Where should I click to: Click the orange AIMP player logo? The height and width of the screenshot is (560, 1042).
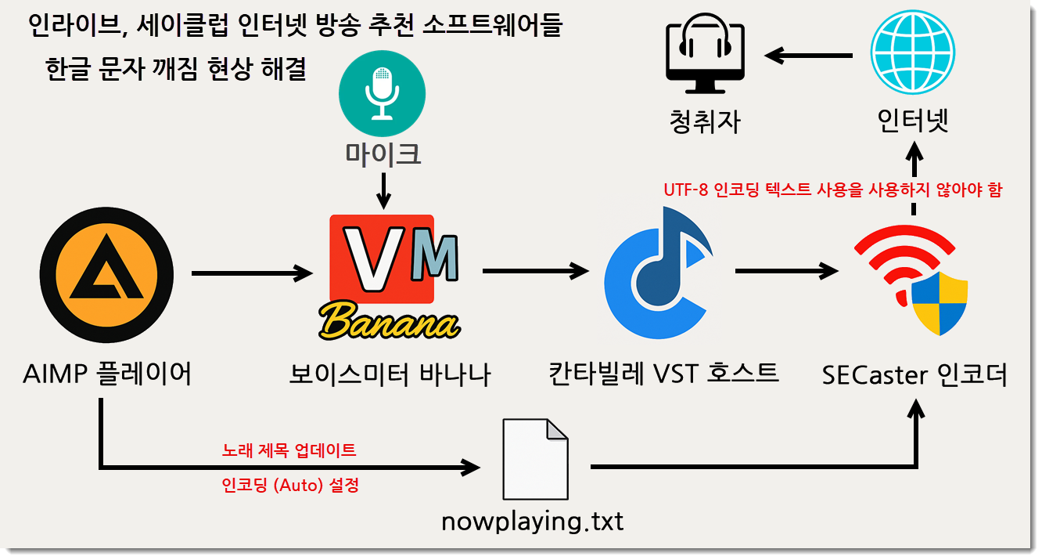tap(108, 273)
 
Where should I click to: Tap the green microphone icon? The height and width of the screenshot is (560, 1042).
tap(382, 93)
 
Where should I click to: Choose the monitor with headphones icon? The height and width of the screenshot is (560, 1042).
tap(705, 53)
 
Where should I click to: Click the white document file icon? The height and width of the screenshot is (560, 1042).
tap(534, 459)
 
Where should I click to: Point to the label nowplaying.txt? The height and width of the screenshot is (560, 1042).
tap(533, 522)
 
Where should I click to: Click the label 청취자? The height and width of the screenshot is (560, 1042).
tap(705, 121)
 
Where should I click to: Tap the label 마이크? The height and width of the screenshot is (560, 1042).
tap(383, 154)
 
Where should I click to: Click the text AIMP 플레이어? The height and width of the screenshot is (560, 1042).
tap(107, 374)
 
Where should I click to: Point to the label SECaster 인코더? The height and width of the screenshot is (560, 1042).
tap(914, 375)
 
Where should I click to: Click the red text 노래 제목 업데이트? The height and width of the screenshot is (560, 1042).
tap(289, 450)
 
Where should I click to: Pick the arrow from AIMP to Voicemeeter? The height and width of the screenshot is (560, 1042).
tap(252, 273)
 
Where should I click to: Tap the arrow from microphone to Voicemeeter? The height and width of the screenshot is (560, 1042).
tap(383, 190)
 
